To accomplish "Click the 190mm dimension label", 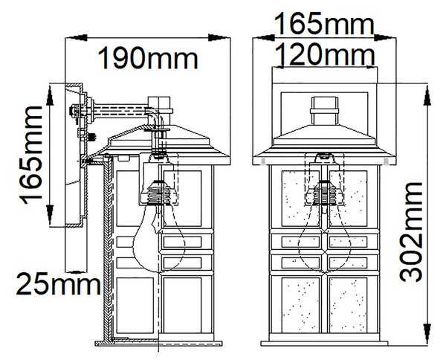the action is (148, 60).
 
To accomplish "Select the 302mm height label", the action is (411, 231).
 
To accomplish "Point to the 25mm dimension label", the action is (58, 283).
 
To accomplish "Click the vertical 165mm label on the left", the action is (30, 155).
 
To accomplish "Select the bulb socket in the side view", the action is (158, 192).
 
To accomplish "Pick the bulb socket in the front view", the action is (324, 193).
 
